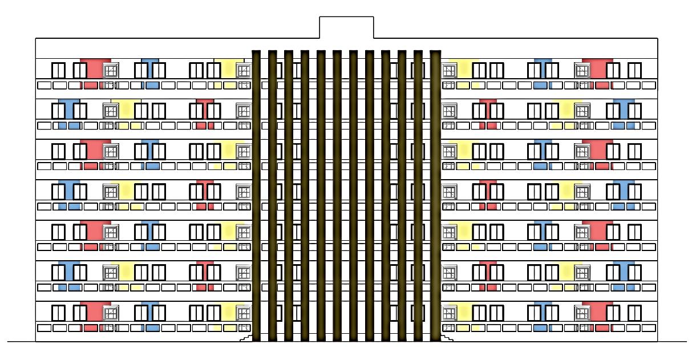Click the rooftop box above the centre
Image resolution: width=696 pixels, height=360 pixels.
[346, 27]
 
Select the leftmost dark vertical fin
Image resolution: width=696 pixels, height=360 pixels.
[256, 194]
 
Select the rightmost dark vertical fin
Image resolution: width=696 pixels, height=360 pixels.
[435, 194]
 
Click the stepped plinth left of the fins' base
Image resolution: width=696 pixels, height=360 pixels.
[246, 339]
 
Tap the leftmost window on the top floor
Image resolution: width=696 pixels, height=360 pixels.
[58, 70]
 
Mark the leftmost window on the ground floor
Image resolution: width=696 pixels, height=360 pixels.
[58, 313]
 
